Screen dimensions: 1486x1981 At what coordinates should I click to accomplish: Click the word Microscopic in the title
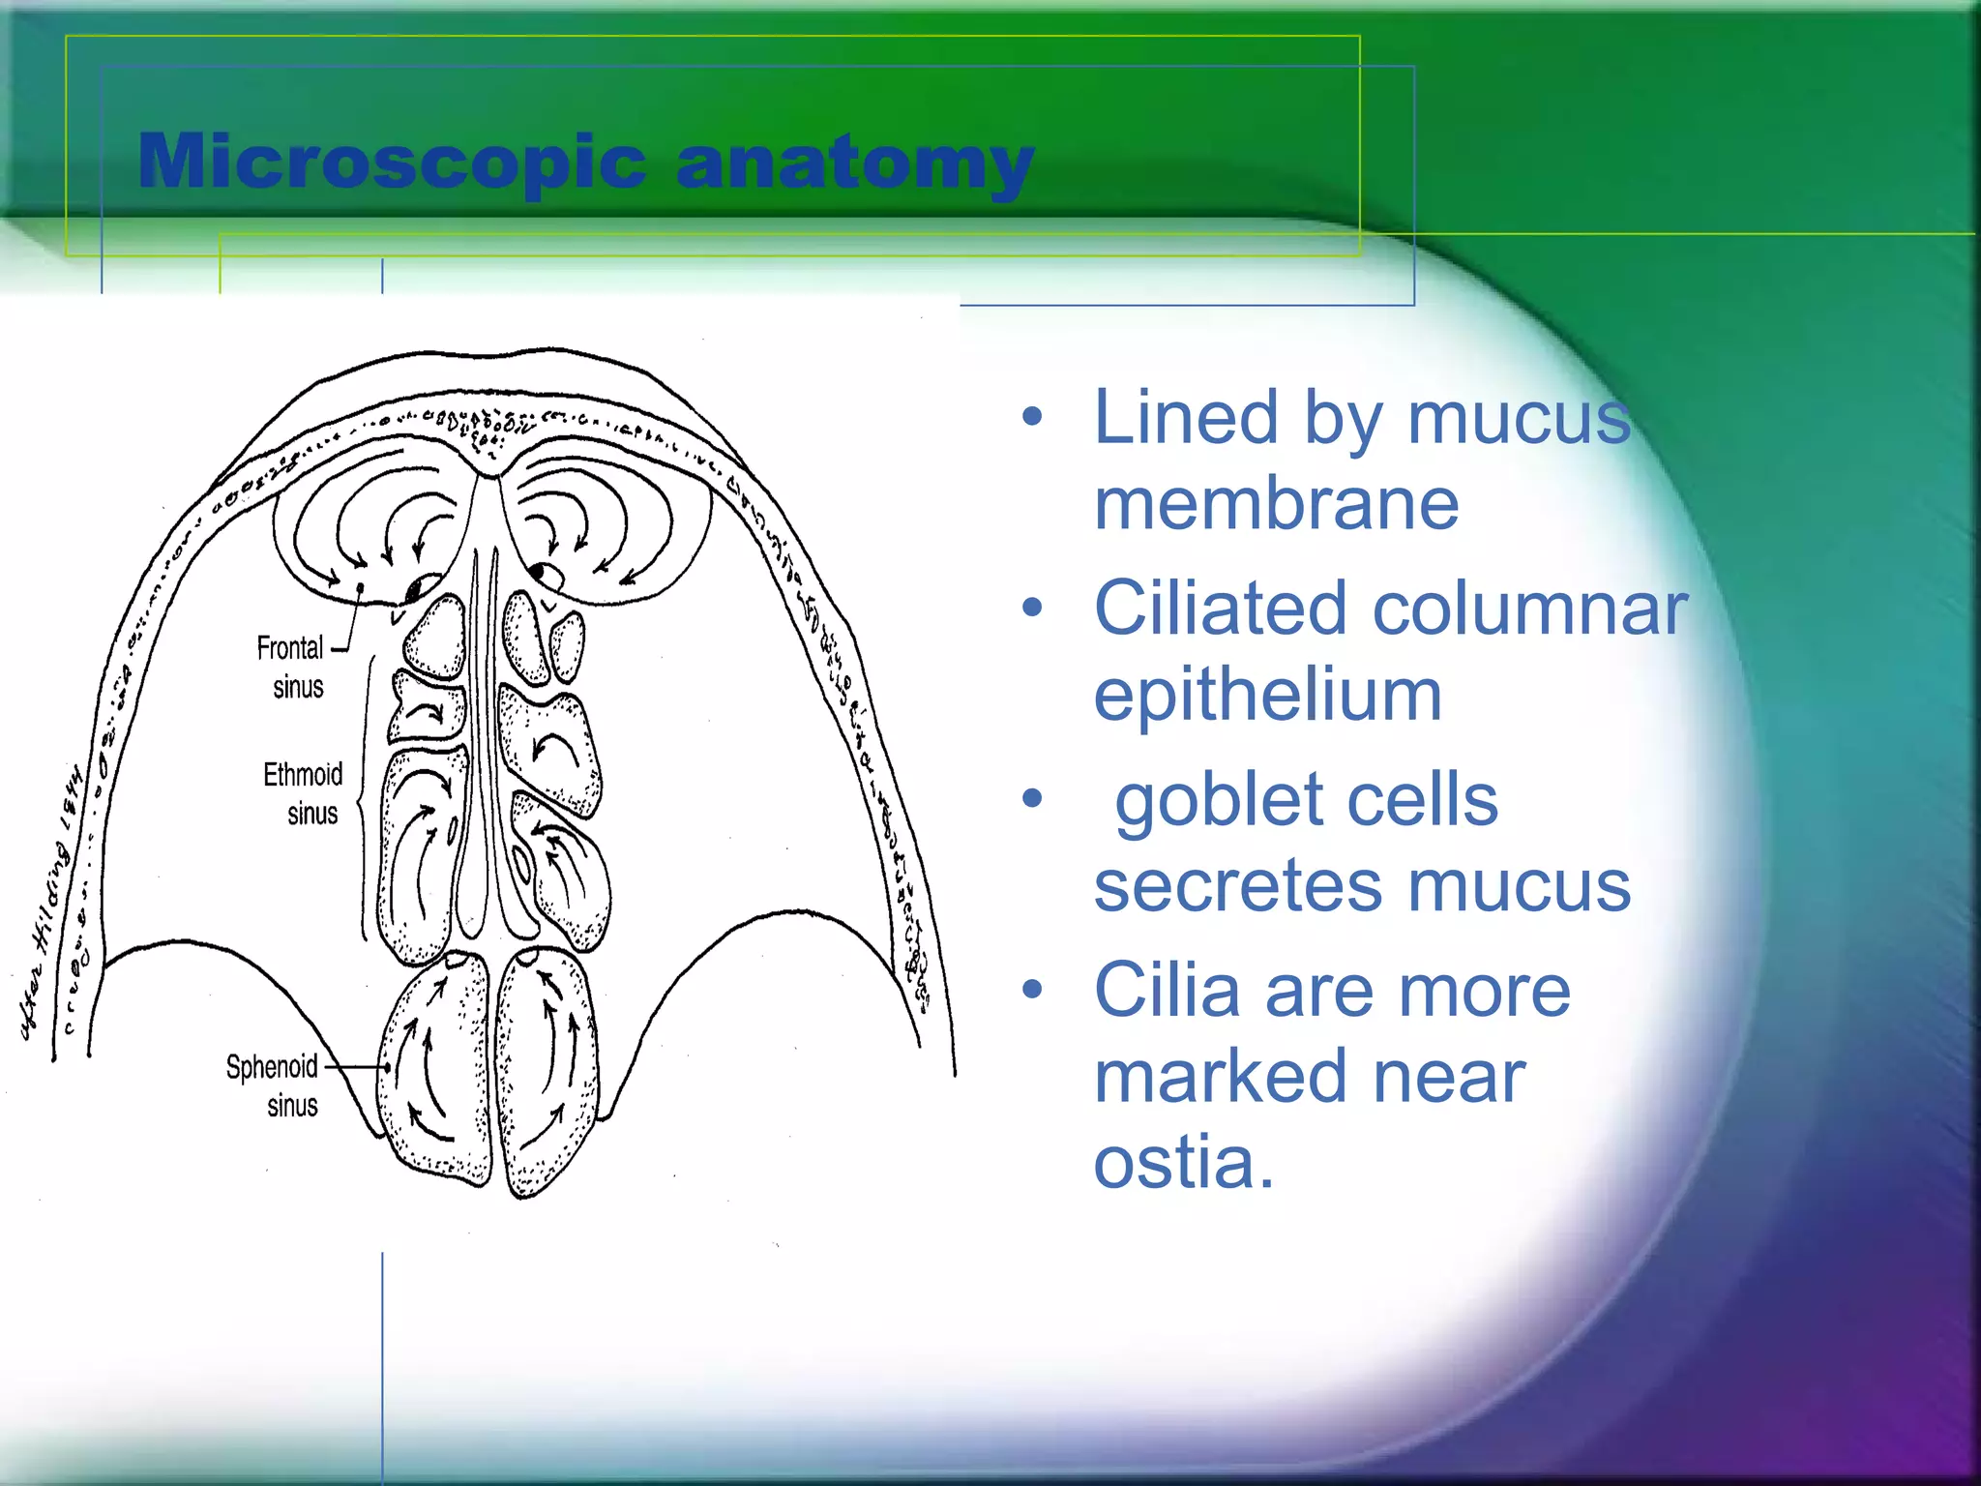tap(392, 163)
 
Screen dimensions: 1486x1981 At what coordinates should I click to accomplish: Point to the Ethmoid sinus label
tap(304, 793)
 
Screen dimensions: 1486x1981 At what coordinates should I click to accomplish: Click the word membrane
tap(1276, 504)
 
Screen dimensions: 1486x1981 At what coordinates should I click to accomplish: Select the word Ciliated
tap(1220, 609)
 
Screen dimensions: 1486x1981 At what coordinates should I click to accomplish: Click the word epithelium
tap(1267, 695)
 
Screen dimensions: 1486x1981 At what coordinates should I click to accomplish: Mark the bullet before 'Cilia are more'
tap(1033, 990)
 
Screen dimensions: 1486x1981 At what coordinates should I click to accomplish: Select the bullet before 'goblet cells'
tap(1033, 799)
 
